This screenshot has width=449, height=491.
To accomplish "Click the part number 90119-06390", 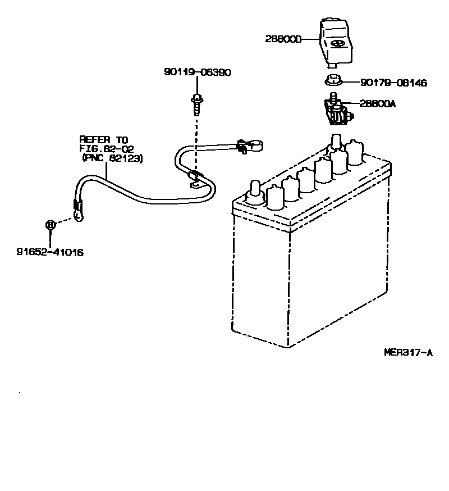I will pyautogui.click(x=198, y=72).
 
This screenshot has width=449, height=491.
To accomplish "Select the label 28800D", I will pyautogui.click(x=283, y=39).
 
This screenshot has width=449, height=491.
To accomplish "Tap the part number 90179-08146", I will pyautogui.click(x=393, y=83).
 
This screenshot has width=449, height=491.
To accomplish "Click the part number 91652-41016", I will pyautogui.click(x=50, y=253).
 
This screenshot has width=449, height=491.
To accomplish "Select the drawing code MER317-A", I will pyautogui.click(x=409, y=352).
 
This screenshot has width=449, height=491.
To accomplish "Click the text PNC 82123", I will pyautogui.click(x=113, y=159).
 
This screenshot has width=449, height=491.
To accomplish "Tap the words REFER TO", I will pyautogui.click(x=104, y=140).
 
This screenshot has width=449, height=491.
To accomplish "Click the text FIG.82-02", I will pyautogui.click(x=106, y=149).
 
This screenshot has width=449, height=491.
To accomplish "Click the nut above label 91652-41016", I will pyautogui.click(x=51, y=224).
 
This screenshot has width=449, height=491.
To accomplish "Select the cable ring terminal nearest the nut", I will pyautogui.click(x=77, y=215).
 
